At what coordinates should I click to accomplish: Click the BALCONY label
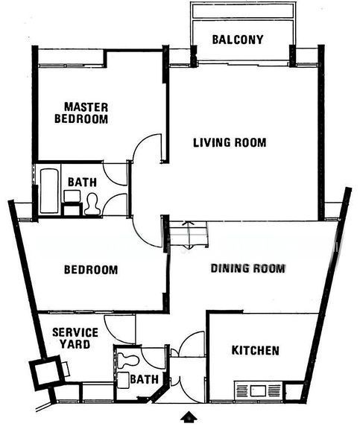pos(238,39)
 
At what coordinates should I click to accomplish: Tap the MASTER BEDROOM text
pos(81,113)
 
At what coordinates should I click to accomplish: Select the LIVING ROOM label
pos(230,142)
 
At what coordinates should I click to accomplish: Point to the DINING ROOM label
pos(247,268)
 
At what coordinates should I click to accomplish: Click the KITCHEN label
pos(256,350)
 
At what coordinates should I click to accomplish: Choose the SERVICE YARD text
pos(75,338)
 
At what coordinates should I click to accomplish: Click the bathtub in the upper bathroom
pos(49,191)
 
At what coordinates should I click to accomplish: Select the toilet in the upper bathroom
pos(92,204)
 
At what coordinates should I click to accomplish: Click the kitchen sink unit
pos(258,390)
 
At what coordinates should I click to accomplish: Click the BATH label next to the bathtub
pos(82,182)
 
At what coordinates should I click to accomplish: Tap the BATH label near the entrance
pos(145,379)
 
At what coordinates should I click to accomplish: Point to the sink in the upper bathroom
pos(72,196)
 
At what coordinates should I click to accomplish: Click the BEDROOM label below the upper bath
pos(91,270)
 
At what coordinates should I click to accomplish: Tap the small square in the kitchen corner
pos(294,391)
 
